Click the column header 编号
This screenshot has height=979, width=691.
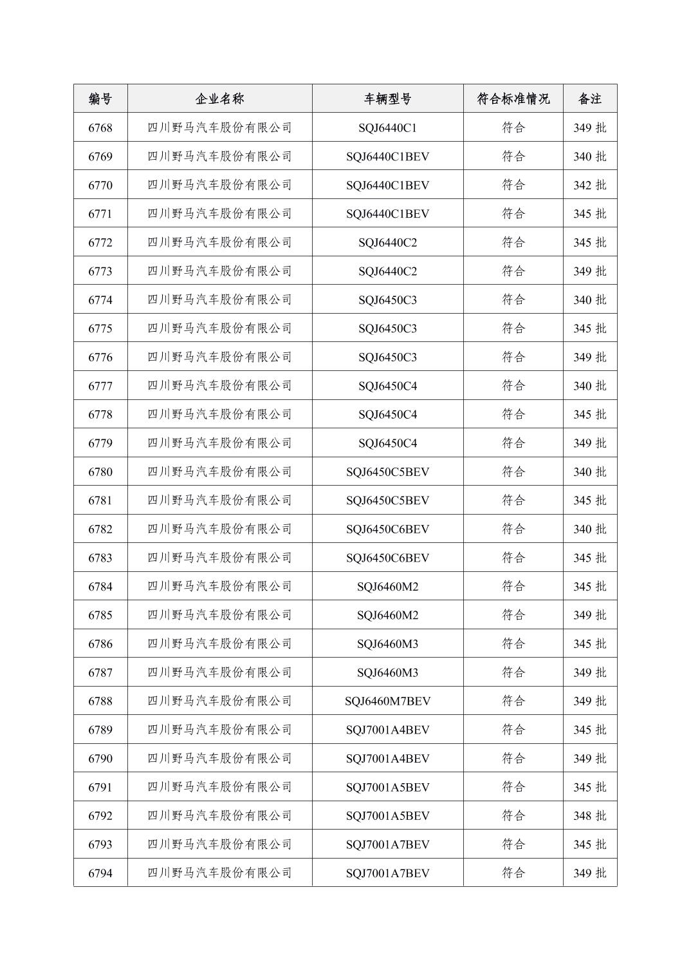[x=100, y=99]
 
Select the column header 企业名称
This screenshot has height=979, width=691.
[x=219, y=99]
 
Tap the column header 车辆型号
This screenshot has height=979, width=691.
[x=387, y=99]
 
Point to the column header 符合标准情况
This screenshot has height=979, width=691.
[x=513, y=99]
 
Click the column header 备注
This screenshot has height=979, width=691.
[x=589, y=99]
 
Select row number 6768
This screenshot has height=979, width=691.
[x=100, y=128]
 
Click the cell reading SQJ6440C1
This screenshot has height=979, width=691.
[x=387, y=128]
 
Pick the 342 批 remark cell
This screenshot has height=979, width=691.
[x=589, y=185]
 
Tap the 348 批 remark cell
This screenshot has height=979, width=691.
[x=589, y=815]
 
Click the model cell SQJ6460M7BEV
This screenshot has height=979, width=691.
[x=387, y=701]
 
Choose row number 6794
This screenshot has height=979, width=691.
[x=100, y=873]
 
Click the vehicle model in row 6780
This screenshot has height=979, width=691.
[x=387, y=471]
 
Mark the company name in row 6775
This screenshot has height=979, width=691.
[x=219, y=328]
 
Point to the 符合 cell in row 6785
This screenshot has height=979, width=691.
[x=513, y=615]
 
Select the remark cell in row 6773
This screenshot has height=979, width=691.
[x=589, y=271]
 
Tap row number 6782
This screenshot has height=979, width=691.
[x=100, y=529]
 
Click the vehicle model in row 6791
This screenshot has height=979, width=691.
[x=387, y=787]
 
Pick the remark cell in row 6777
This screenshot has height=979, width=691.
[x=589, y=386]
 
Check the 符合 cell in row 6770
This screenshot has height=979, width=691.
[x=513, y=185]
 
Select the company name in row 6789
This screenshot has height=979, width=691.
[x=219, y=730]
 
